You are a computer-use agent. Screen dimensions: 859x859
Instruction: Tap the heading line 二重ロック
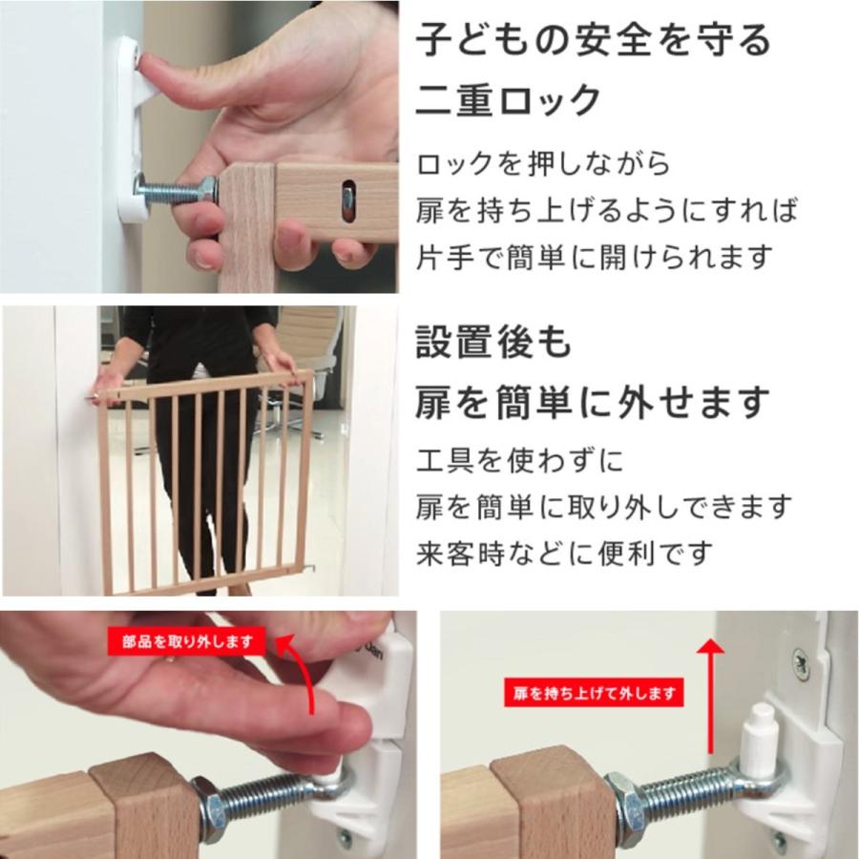(x=509, y=100)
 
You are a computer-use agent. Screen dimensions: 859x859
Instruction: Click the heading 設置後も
(x=492, y=343)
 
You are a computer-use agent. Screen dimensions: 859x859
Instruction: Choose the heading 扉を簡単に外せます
(x=592, y=403)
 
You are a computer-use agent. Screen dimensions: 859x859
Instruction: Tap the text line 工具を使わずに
(x=519, y=462)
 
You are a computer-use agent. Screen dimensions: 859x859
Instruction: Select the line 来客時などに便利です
(x=564, y=553)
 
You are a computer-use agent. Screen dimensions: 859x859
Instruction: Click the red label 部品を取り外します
(x=185, y=641)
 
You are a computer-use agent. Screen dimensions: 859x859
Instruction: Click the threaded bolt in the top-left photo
(x=172, y=191)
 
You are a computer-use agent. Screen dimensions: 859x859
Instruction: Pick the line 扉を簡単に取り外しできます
(x=604, y=507)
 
